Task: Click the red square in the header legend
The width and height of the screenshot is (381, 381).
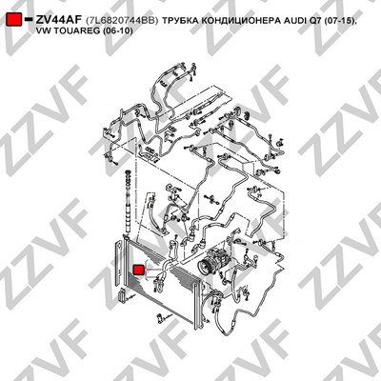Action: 14,19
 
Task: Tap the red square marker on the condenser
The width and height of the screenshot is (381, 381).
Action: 139,270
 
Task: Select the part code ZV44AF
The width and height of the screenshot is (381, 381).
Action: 59,20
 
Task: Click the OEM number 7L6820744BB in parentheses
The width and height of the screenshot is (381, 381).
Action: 122,20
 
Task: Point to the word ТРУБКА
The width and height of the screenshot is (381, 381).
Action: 178,21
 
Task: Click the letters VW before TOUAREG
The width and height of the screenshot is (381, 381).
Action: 43,31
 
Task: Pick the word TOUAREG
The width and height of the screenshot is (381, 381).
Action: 73,31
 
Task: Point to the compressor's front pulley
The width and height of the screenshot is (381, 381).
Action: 203,264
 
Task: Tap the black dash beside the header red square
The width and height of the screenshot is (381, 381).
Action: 29,19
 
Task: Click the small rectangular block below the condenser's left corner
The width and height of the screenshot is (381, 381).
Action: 123,295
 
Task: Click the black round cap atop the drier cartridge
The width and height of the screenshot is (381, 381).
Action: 129,172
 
